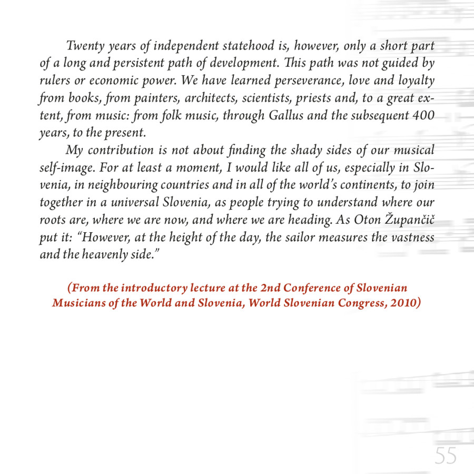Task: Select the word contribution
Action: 121,150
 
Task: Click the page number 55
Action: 446,455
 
